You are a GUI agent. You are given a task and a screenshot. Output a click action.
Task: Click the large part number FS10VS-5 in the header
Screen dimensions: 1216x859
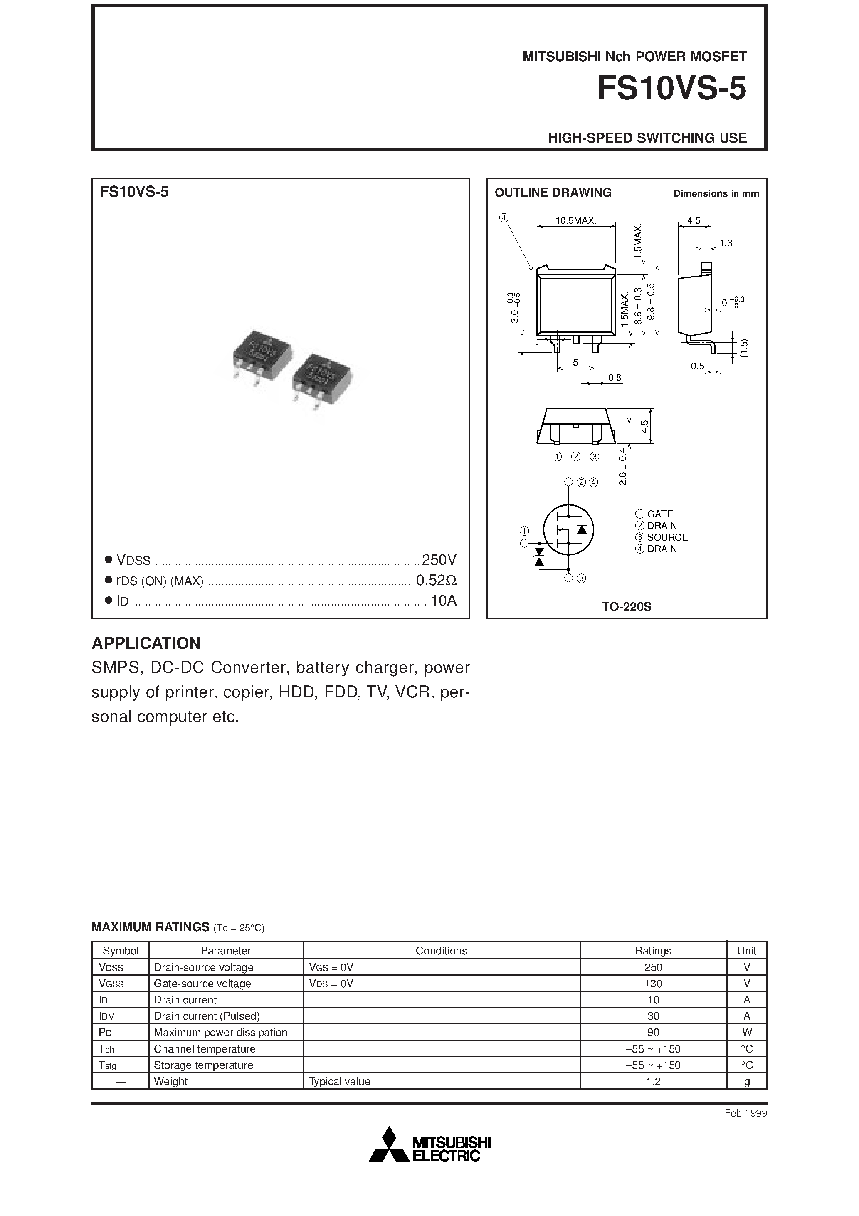(671, 89)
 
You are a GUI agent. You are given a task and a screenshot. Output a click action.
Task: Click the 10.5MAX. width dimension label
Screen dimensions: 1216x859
(576, 220)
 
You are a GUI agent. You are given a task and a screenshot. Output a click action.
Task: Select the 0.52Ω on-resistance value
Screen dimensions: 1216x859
(436, 581)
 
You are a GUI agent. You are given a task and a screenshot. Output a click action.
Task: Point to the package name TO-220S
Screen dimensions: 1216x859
(626, 607)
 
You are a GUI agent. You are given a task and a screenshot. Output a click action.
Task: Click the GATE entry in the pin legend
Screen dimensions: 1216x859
(659, 514)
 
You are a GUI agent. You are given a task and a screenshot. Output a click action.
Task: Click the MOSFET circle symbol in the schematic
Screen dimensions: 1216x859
(568, 529)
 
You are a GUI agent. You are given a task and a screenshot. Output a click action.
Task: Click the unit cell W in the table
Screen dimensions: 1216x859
(747, 1032)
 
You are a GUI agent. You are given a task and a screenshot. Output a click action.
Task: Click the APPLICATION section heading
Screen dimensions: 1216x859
(146, 643)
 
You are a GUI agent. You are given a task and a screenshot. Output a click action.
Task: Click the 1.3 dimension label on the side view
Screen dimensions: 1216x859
(726, 243)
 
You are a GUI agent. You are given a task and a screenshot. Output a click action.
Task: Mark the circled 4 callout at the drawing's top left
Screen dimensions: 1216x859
(504, 217)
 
